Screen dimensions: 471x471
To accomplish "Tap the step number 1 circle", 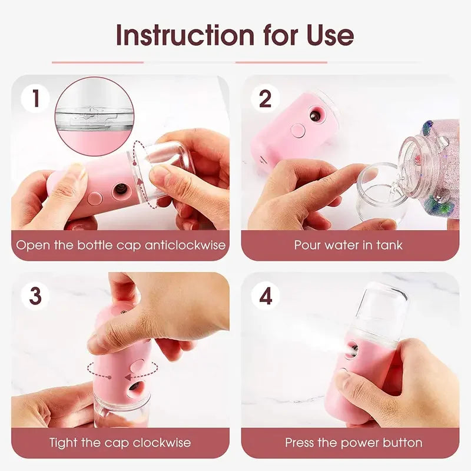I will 36,98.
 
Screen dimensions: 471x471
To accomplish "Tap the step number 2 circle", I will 266,98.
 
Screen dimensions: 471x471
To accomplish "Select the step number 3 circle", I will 36,296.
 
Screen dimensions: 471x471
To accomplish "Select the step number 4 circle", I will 266,296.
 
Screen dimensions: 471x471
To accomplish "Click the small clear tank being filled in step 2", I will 380,191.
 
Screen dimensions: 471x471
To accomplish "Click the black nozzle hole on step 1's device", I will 119,190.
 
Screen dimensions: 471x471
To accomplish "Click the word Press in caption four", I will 300,442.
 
